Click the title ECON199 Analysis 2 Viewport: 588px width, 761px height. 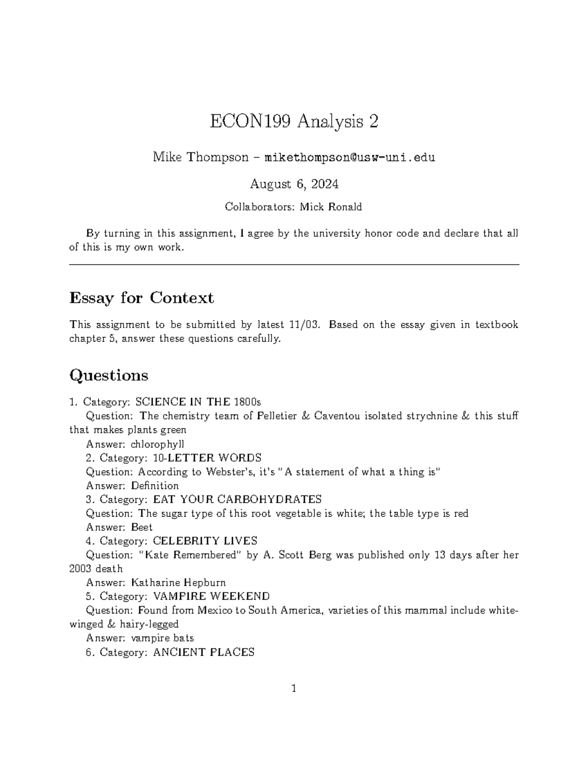click(x=294, y=122)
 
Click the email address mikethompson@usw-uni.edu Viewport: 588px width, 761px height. click(x=349, y=158)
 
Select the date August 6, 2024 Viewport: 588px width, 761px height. click(x=294, y=184)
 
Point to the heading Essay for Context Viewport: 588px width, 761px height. click(x=142, y=297)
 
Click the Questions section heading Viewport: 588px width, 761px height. click(x=109, y=375)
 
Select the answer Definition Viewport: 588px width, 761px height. click(x=154, y=486)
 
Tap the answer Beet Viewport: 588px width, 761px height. click(x=142, y=527)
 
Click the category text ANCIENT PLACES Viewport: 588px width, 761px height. click(x=204, y=652)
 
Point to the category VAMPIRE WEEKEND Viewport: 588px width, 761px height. click(x=211, y=596)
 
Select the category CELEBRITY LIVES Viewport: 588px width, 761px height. click(x=205, y=541)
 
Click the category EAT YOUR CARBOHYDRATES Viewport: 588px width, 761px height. click(x=237, y=499)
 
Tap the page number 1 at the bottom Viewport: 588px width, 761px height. click(x=294, y=689)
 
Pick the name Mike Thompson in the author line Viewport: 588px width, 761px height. click(x=201, y=158)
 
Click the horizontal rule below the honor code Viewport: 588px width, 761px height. click(x=294, y=265)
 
